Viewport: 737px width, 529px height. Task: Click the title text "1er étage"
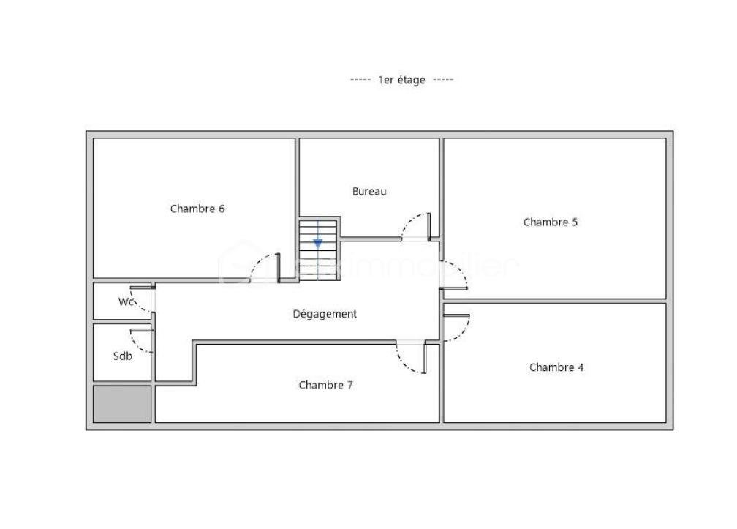(401, 80)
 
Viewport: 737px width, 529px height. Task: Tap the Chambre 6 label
(197, 209)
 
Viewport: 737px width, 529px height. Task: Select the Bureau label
(369, 192)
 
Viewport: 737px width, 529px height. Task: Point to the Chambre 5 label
(550, 222)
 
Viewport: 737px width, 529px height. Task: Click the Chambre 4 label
(556, 367)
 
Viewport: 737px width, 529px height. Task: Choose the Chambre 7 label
(325, 385)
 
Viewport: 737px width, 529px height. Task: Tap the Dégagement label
(325, 314)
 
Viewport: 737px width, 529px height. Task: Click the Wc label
(126, 301)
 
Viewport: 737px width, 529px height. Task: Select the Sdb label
(123, 356)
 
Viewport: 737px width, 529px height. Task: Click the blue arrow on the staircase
(317, 243)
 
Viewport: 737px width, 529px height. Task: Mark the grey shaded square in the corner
(122, 404)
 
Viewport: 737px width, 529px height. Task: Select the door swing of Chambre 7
(410, 358)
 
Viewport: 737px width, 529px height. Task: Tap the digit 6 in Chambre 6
(221, 209)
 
